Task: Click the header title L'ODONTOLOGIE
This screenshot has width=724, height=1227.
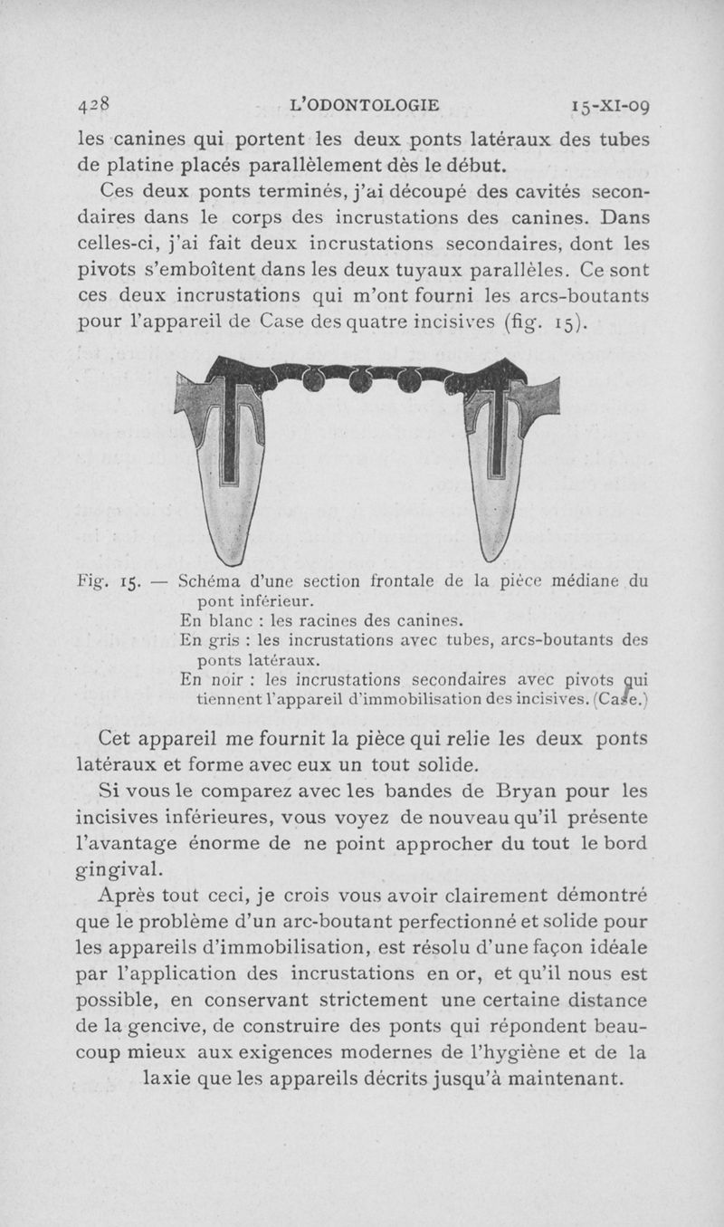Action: pos(364,104)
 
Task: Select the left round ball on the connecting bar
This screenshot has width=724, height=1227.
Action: pos(313,380)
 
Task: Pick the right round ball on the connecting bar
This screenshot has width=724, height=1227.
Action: pos(409,381)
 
